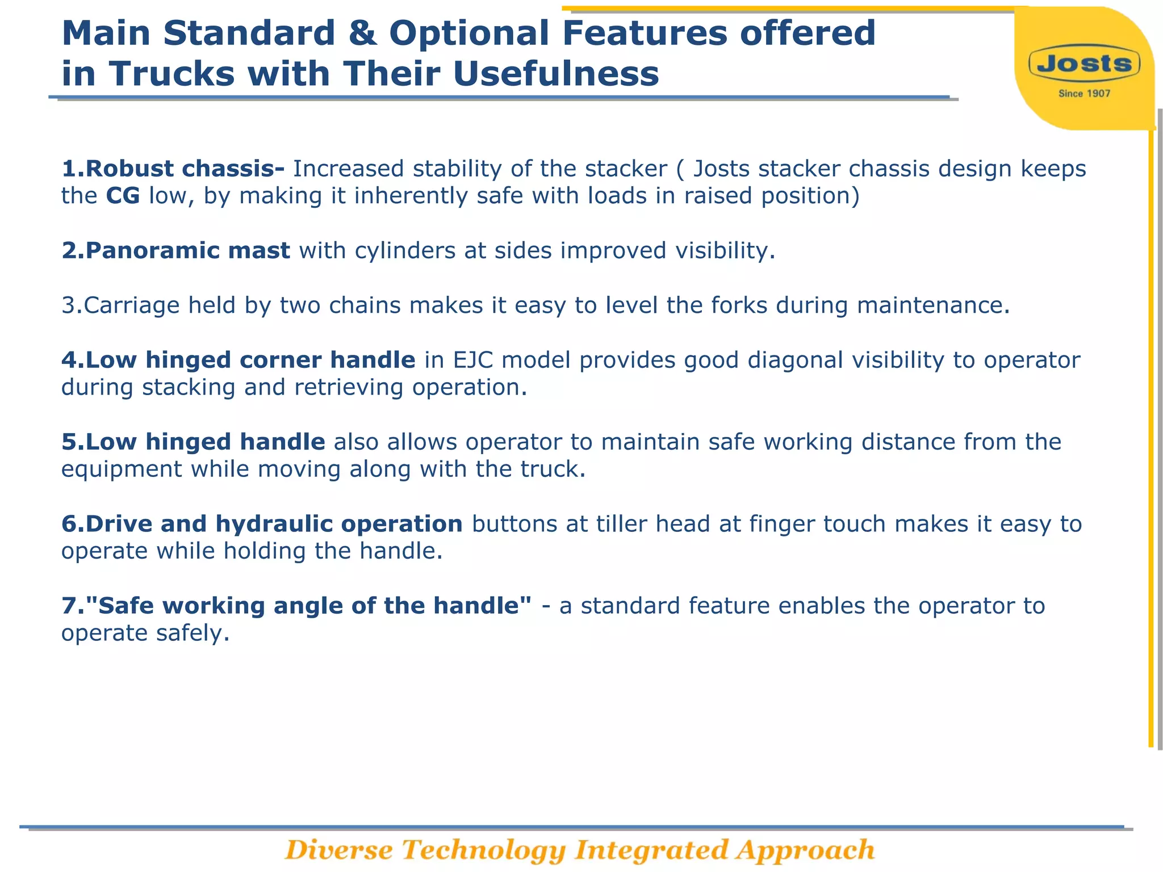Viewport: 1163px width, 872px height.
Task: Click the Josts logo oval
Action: click(x=1084, y=64)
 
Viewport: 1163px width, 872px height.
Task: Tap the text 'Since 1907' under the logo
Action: click(x=1084, y=94)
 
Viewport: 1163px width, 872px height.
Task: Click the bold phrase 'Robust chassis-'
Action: click(x=173, y=169)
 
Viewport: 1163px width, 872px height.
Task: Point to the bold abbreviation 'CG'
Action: click(x=123, y=196)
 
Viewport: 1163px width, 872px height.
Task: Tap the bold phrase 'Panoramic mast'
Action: click(x=176, y=250)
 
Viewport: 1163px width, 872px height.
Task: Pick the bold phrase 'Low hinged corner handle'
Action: click(x=239, y=360)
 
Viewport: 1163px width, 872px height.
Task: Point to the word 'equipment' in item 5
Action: click(x=122, y=469)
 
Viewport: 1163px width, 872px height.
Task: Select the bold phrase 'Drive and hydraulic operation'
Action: click(x=262, y=524)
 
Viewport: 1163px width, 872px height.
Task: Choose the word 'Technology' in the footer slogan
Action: click(x=484, y=850)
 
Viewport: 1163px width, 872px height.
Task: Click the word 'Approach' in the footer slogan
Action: click(x=805, y=850)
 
